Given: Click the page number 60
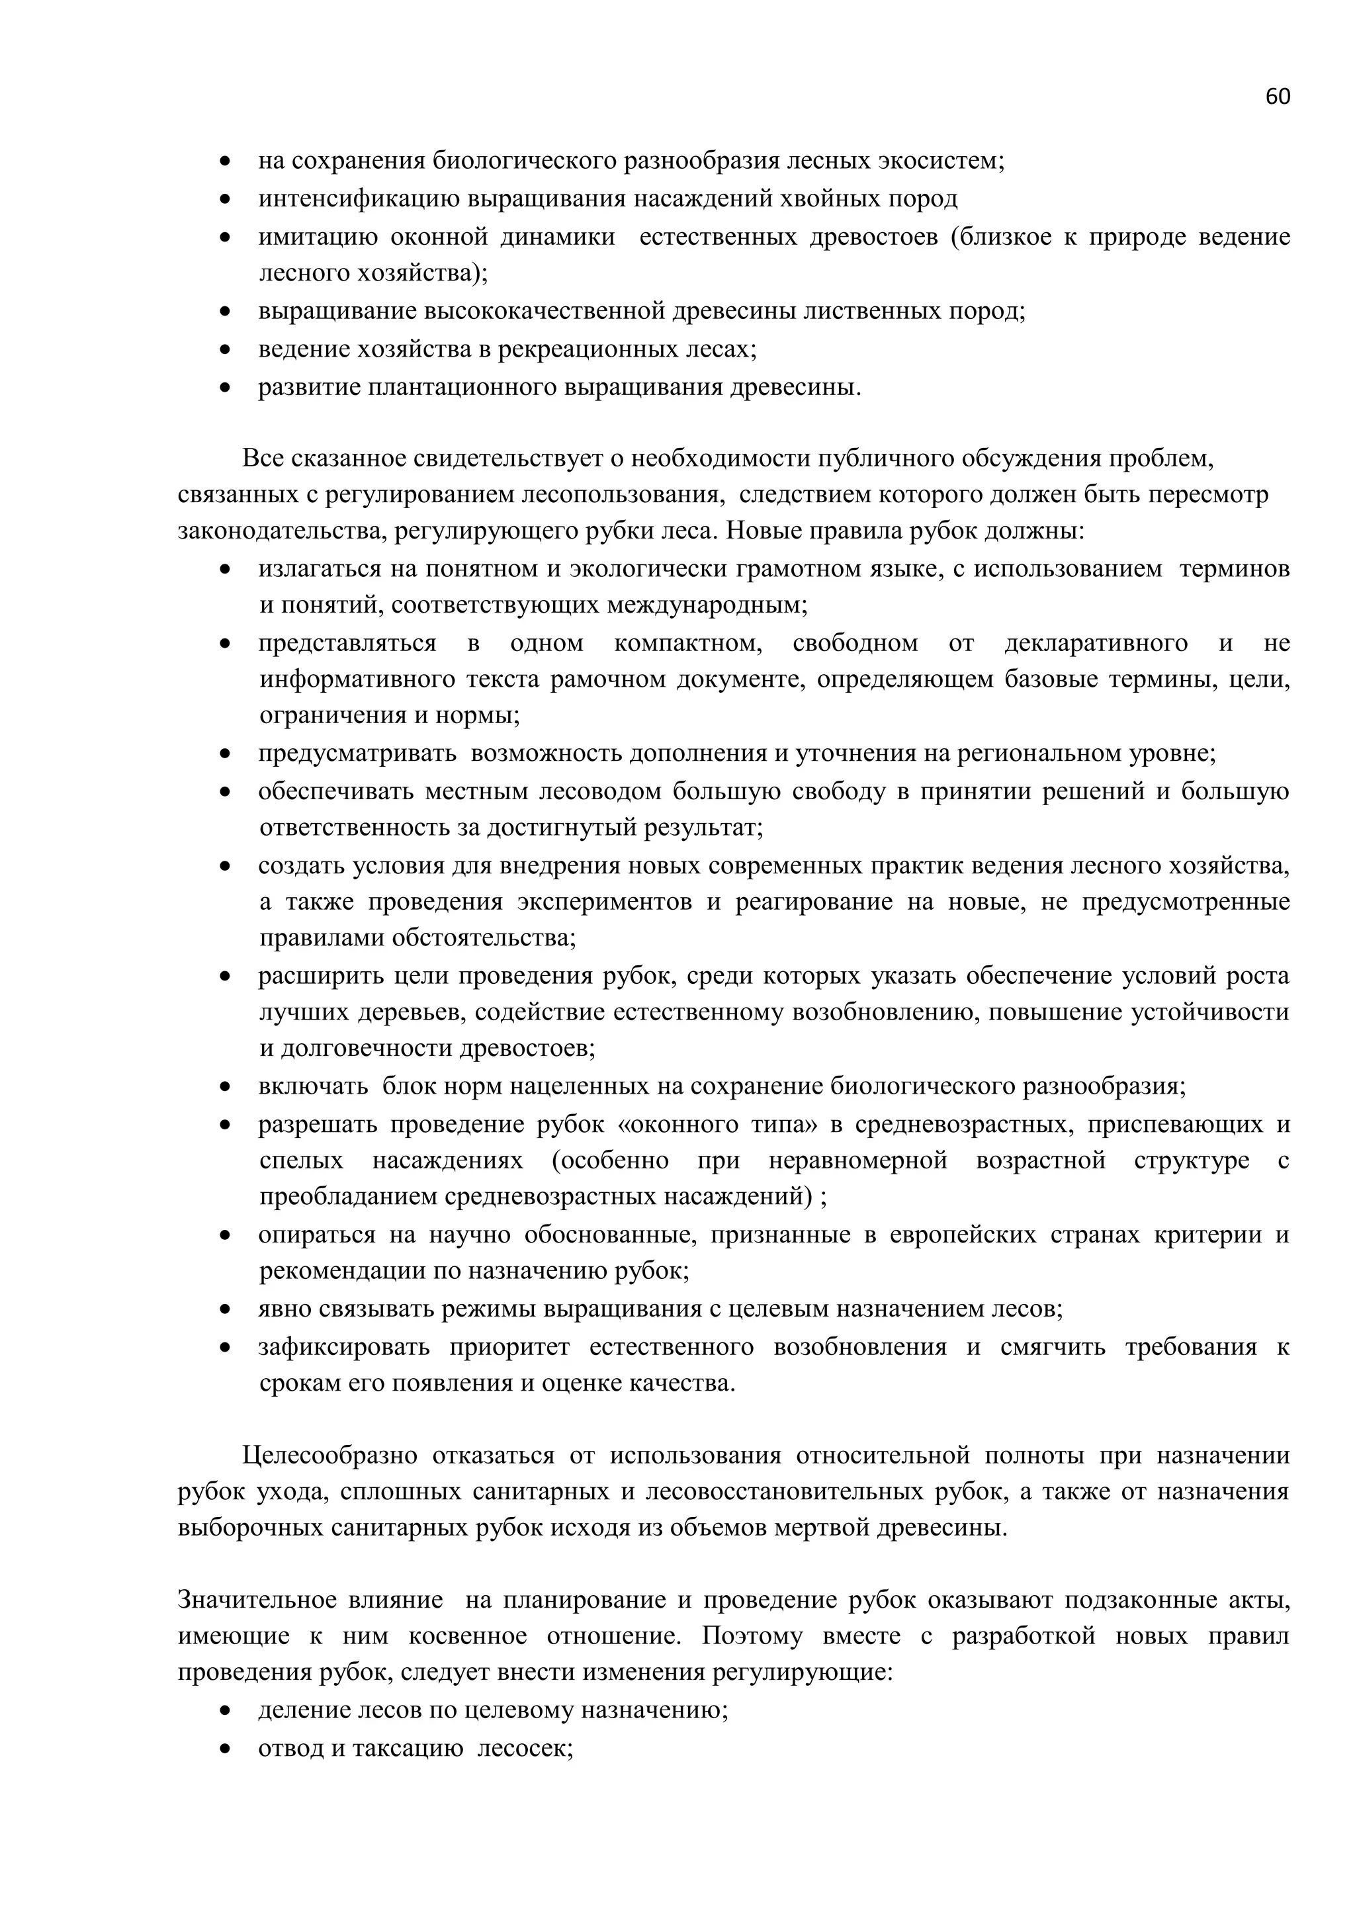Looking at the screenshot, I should tap(1278, 97).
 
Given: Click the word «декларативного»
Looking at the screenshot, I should tap(1096, 643).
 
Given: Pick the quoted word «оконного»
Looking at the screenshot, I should tap(687, 1125).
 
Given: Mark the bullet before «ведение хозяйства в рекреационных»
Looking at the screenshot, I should tap(224, 349).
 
